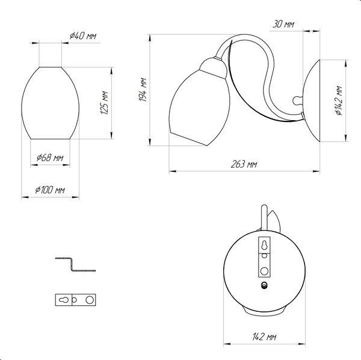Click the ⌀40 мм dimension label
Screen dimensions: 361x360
pos(83,35)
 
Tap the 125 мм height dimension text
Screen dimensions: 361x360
pos(104,103)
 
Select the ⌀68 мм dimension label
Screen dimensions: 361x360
pos(50,157)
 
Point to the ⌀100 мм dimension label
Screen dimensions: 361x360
pos(50,190)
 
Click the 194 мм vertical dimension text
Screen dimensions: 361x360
pos(143,90)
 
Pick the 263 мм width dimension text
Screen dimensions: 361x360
pos(244,164)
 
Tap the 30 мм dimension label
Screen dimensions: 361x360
pos(283,24)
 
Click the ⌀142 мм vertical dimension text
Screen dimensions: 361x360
pos(339,100)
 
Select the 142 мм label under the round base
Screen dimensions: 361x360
pos(264,337)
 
